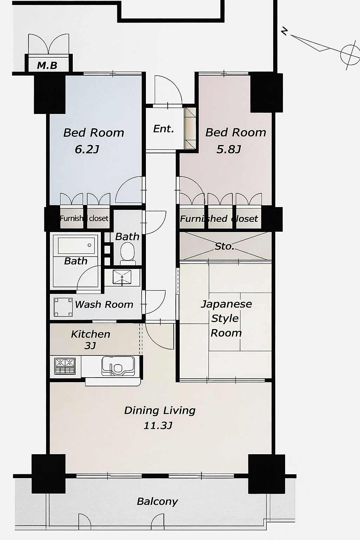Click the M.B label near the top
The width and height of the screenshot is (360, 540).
tap(47, 65)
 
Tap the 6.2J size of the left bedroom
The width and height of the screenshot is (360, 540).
tap(87, 149)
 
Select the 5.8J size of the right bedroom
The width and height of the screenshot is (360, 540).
tap(229, 149)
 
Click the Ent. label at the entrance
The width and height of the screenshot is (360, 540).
tap(163, 129)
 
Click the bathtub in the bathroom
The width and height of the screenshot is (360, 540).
tap(76, 245)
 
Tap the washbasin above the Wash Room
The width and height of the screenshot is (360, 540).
tap(122, 277)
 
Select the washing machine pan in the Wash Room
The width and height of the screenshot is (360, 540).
tap(63, 307)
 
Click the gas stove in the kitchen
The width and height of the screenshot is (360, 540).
tap(65, 366)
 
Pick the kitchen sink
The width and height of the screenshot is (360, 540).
tap(118, 366)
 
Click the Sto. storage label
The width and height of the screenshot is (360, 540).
tap(224, 246)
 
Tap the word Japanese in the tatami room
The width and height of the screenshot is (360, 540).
tap(226, 304)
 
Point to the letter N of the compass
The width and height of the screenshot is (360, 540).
tap(285, 31)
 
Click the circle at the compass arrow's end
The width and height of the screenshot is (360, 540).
tap(350, 55)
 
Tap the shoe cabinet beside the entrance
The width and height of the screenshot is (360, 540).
tap(190, 128)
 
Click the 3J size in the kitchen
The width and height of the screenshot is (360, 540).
tap(90, 346)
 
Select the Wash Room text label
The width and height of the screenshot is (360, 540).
tap(104, 305)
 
